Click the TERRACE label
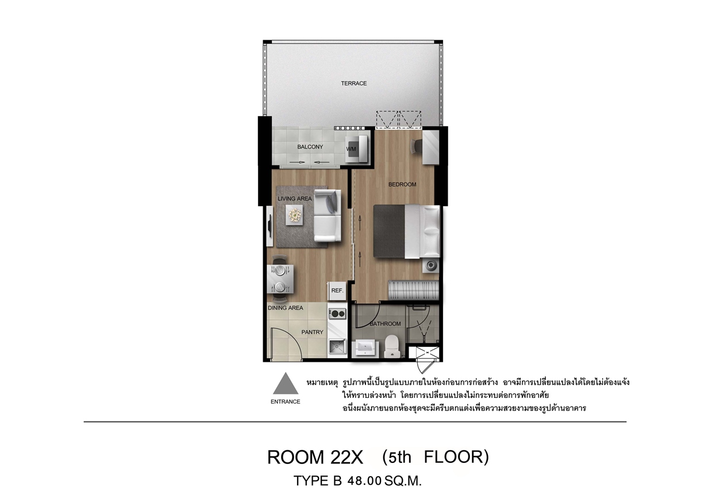click(x=354, y=83)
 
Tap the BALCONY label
click(x=310, y=147)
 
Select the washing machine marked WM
click(x=356, y=149)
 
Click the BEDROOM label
click(x=402, y=184)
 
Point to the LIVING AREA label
click(x=295, y=199)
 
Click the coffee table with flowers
click(x=294, y=215)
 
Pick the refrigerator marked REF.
click(x=337, y=291)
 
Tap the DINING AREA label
click(x=286, y=308)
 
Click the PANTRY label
click(x=312, y=332)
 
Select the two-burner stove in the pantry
click(x=337, y=314)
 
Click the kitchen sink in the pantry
click(x=337, y=346)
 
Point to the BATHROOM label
click(x=385, y=324)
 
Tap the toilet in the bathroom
click(x=392, y=346)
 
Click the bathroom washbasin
click(x=365, y=348)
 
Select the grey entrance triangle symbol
click(x=286, y=384)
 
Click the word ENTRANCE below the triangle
click(x=286, y=402)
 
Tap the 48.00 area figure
click(x=364, y=481)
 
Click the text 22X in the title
click(x=347, y=458)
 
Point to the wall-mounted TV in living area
click(x=270, y=226)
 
